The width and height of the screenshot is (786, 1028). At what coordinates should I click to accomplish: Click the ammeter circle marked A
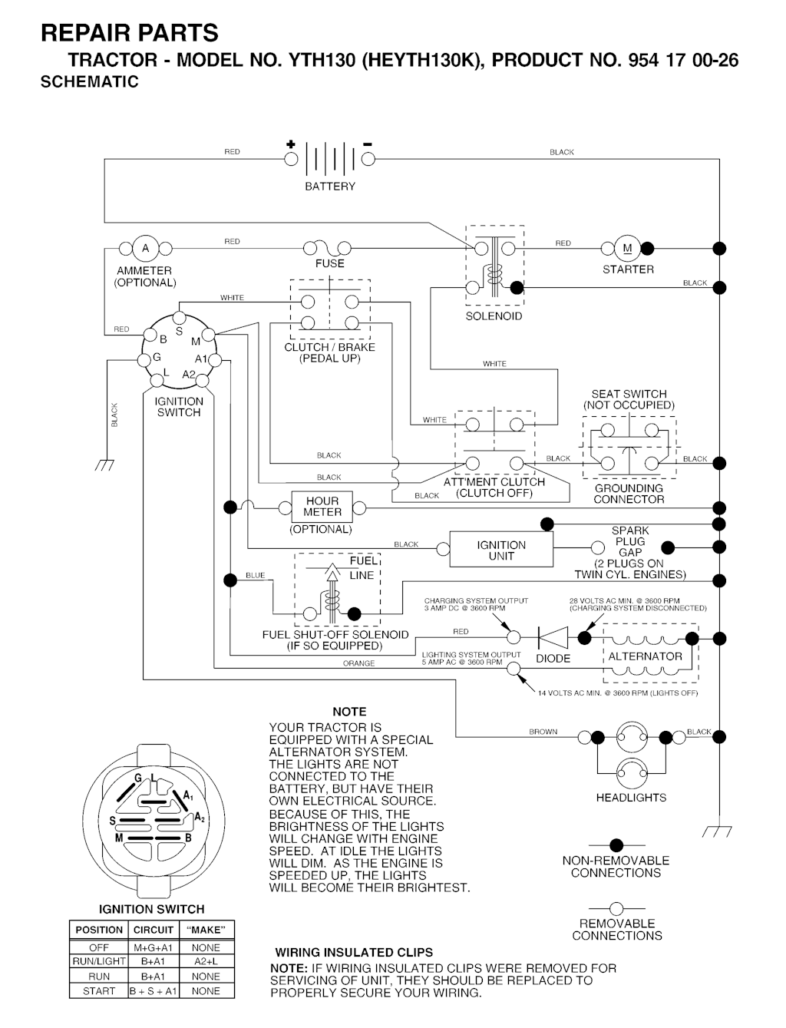(145, 248)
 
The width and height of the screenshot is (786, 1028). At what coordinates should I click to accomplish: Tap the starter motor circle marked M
(627, 248)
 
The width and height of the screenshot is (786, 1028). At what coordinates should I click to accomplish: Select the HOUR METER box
(322, 507)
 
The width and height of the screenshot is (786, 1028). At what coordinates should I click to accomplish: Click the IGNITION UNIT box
(500, 550)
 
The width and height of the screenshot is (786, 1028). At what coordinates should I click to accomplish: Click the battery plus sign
(291, 144)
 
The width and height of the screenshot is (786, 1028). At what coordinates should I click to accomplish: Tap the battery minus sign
(368, 144)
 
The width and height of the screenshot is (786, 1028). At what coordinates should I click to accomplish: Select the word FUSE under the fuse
(330, 263)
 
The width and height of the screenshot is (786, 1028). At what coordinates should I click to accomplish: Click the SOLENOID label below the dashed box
(494, 316)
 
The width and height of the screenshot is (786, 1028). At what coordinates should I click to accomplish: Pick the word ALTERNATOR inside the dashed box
(645, 656)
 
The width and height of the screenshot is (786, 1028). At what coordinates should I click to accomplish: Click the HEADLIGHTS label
(631, 798)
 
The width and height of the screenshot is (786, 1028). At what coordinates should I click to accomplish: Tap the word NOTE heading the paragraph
(349, 712)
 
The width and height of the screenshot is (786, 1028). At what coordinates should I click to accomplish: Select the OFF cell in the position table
(99, 947)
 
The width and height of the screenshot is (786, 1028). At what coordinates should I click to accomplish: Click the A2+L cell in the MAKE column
(206, 961)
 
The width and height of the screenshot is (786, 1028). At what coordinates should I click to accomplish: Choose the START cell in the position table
(99, 991)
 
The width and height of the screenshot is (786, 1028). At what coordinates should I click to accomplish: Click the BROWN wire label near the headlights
(543, 732)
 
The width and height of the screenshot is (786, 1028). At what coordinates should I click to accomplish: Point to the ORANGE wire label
(358, 663)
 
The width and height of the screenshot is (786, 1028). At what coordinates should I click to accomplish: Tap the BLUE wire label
(255, 575)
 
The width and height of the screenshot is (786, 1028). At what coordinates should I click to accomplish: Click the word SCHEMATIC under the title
(90, 82)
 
